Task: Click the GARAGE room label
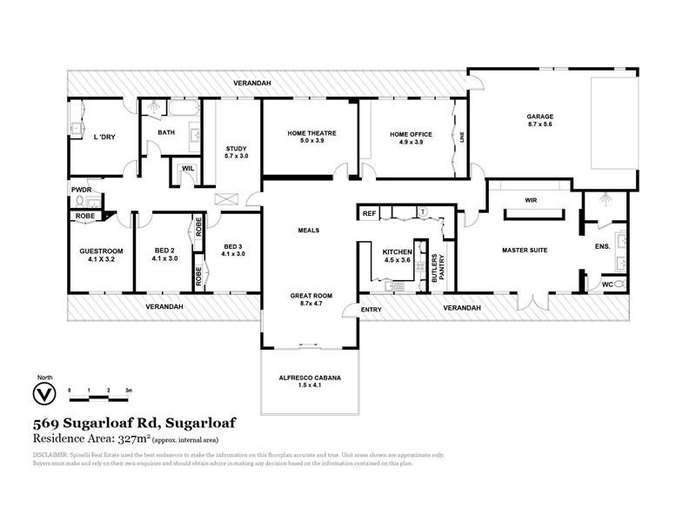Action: point(539,116)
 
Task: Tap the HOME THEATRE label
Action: point(311,133)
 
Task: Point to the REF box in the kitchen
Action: point(369,212)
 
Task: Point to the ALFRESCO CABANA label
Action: point(310,378)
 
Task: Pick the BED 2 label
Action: point(164,248)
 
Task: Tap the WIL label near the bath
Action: point(188,170)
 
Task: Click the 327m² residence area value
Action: point(140,440)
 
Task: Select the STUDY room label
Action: point(237,148)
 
